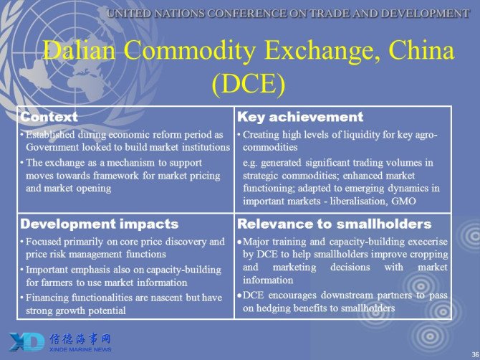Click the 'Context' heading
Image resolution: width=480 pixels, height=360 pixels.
[49, 117]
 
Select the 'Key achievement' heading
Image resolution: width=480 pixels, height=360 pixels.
[300, 117]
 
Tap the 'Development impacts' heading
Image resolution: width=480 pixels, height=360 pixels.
[99, 224]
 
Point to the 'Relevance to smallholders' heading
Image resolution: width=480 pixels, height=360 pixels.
[335, 224]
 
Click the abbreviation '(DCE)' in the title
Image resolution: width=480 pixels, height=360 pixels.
[249, 84]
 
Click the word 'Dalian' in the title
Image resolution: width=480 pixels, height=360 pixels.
[79, 50]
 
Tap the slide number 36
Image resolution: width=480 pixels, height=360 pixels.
[476, 353]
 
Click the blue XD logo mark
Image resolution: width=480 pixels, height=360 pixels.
[27, 342]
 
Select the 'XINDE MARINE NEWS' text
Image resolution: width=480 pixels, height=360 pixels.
[80, 350]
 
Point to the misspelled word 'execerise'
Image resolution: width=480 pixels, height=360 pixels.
[427, 242]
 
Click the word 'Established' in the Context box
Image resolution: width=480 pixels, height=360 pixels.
[50, 135]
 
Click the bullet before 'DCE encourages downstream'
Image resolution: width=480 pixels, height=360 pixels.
[239, 295]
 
